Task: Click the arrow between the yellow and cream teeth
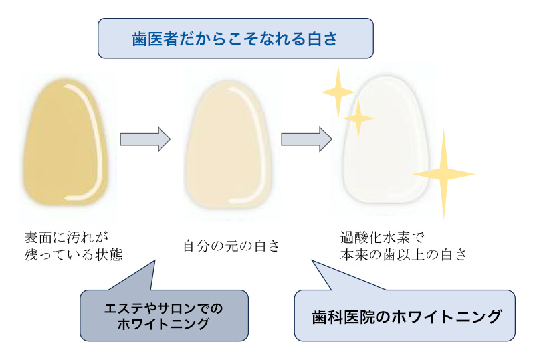pyautogui.click(x=144, y=139)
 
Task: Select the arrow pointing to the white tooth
pyautogui.click(x=306, y=139)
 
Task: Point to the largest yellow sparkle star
pyautogui.click(x=443, y=174)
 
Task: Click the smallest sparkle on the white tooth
pyautogui.click(x=359, y=118)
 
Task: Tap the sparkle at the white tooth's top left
pyautogui.click(x=338, y=91)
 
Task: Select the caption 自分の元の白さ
pyautogui.click(x=232, y=245)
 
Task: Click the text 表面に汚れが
pyautogui.click(x=66, y=236)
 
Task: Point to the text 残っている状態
pyautogui.click(x=73, y=255)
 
